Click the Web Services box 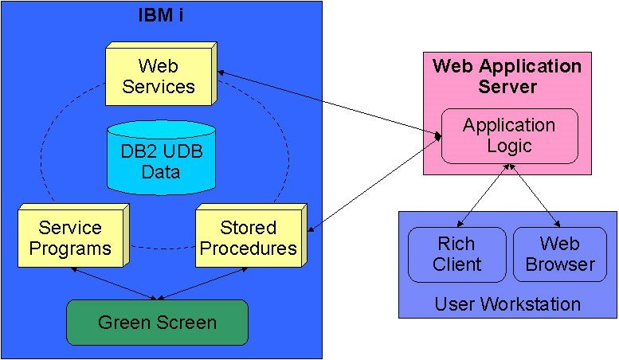pos(159,75)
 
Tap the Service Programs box pos(69,237)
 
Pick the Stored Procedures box pos(248,237)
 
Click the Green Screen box pos(157,323)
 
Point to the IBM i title pos(162,14)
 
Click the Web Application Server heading pos(508,76)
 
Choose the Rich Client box pos(457,254)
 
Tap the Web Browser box pos(560,254)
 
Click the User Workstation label pos(507,303)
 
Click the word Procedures pos(248,248)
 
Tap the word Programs pos(69,248)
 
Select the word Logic pos(508,146)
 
